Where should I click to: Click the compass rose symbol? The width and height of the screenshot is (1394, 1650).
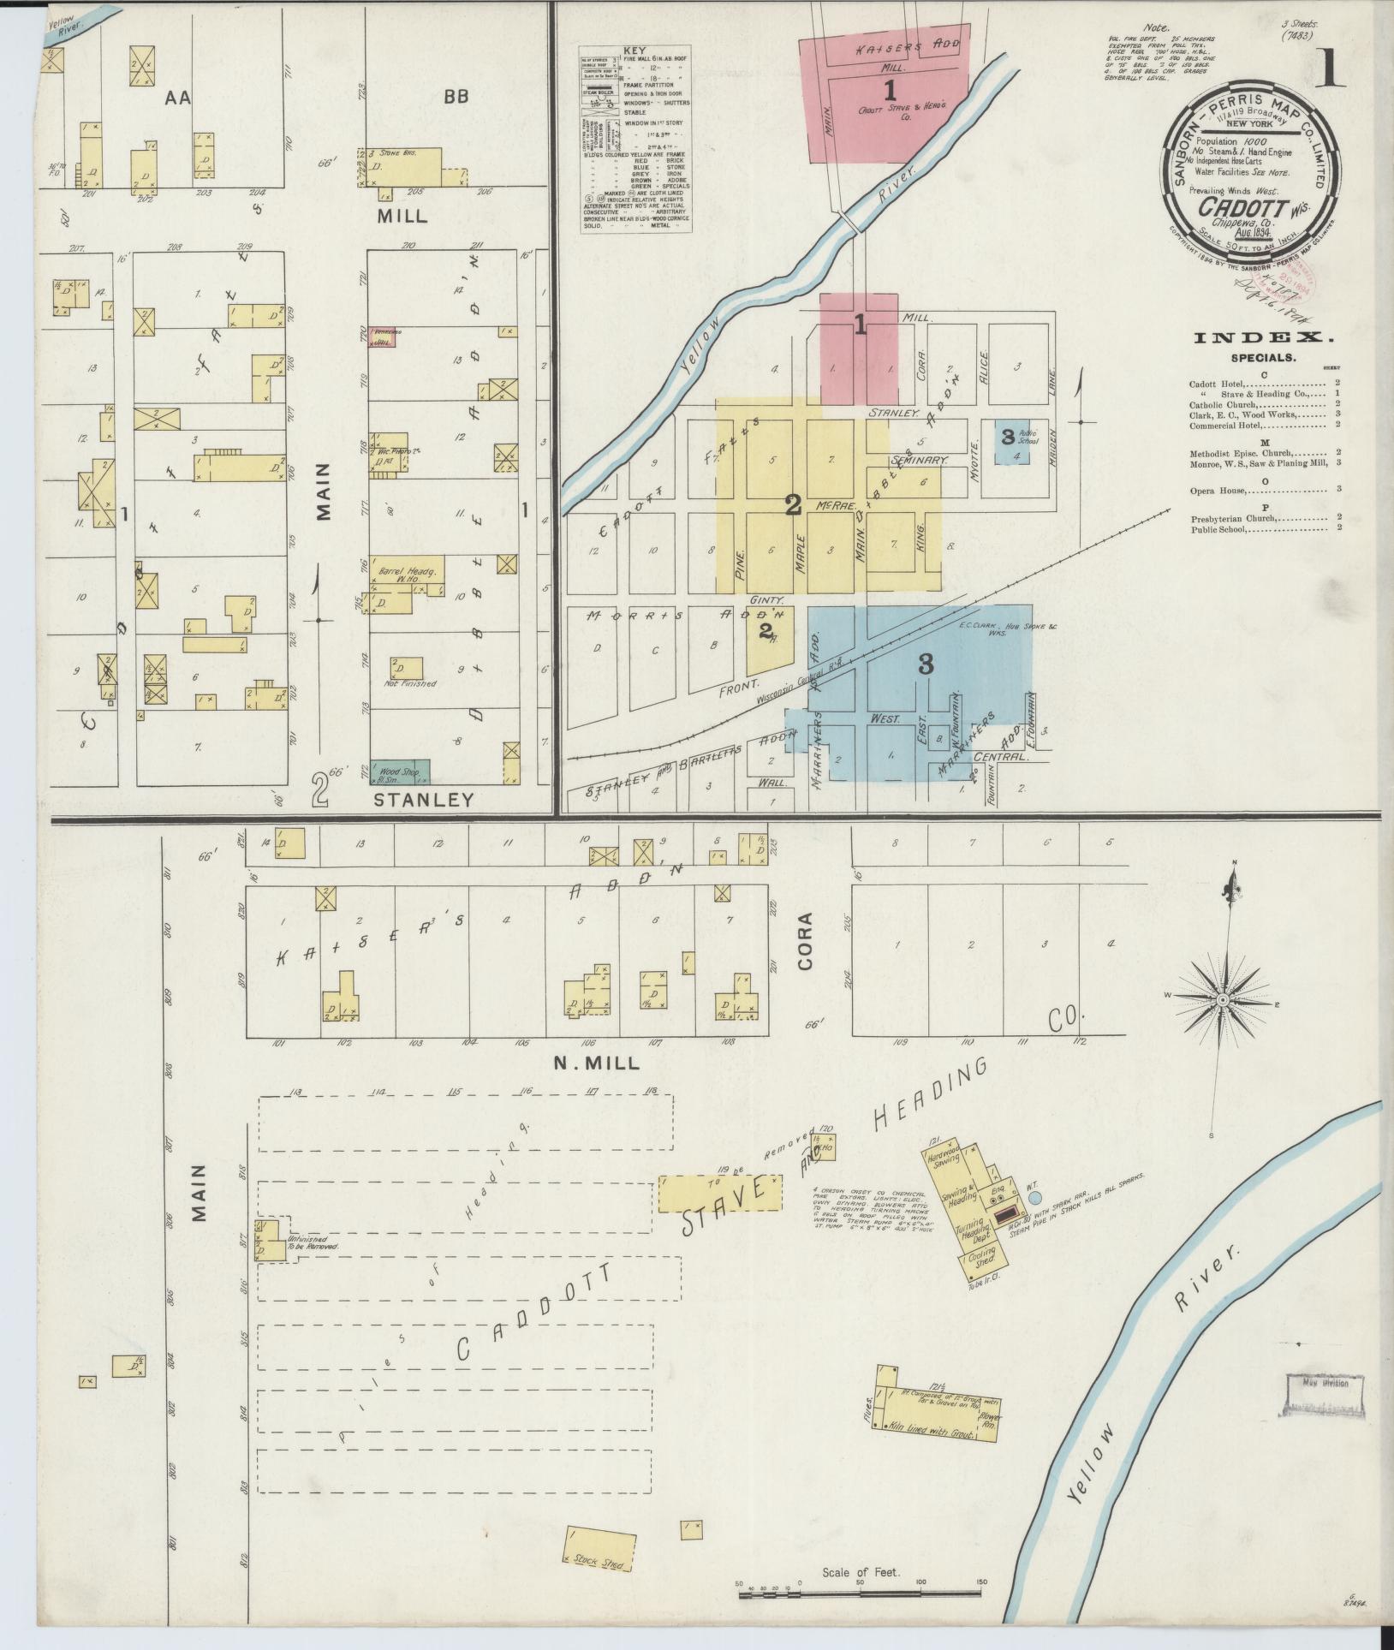point(1223,999)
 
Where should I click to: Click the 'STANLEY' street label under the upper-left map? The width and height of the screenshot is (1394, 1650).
point(424,800)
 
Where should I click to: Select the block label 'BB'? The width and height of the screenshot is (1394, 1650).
point(456,98)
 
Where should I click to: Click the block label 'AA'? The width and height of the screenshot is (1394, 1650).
point(178,98)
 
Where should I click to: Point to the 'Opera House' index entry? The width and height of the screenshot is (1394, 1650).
point(1218,491)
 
